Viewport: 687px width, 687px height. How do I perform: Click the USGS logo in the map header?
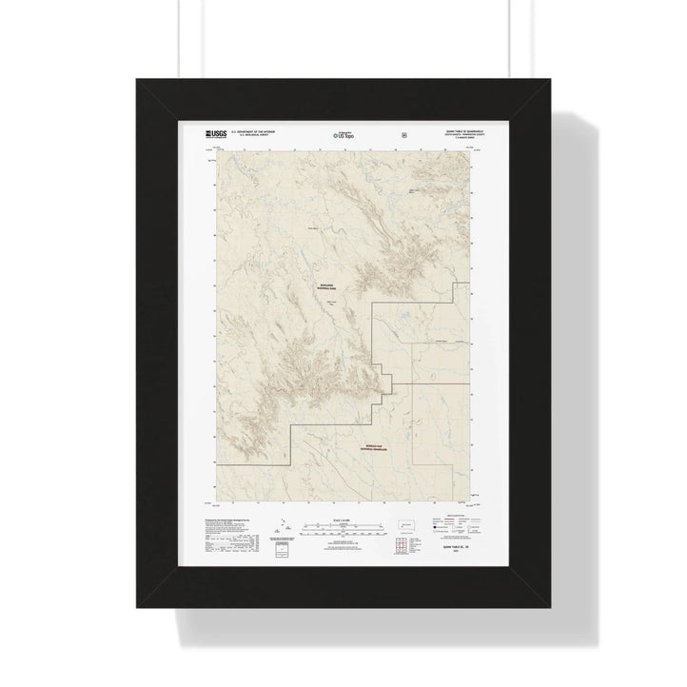click(214, 135)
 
